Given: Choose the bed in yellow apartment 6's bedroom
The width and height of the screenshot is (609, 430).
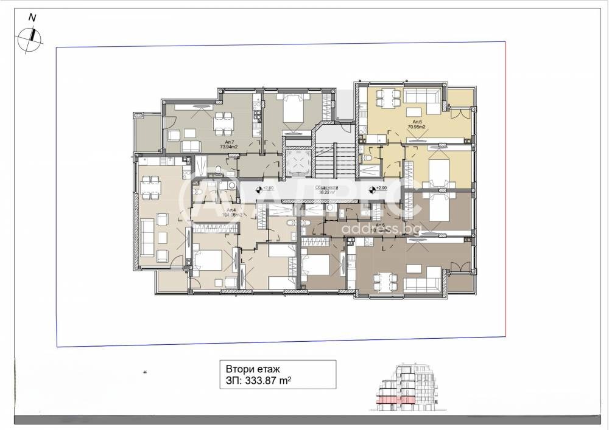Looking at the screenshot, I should pos(440,168).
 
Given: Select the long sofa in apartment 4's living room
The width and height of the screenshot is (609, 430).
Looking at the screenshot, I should pos(147,237).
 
